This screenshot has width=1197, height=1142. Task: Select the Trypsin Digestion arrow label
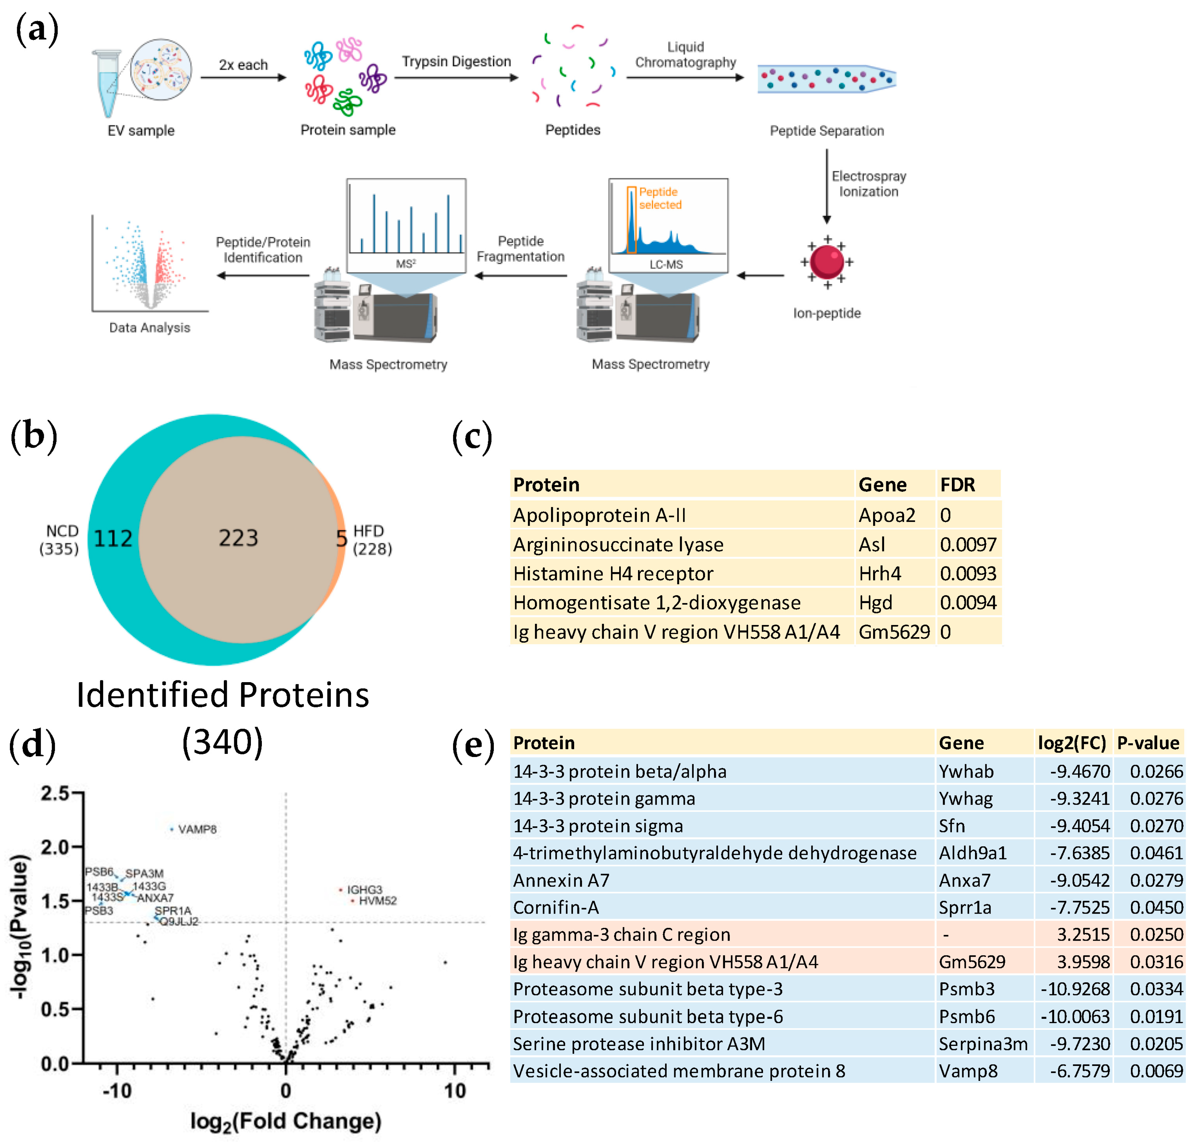456,61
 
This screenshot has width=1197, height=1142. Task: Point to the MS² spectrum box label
405,264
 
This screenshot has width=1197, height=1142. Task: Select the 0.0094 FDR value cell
967,603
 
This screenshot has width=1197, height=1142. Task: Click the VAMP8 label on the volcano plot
197,829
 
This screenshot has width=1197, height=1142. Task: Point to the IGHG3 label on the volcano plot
364,889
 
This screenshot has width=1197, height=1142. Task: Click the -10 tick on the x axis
117,1090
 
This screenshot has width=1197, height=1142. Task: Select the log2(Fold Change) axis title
286,1121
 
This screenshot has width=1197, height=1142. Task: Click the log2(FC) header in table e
1072,743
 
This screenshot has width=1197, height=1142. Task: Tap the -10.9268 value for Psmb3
1075,989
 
